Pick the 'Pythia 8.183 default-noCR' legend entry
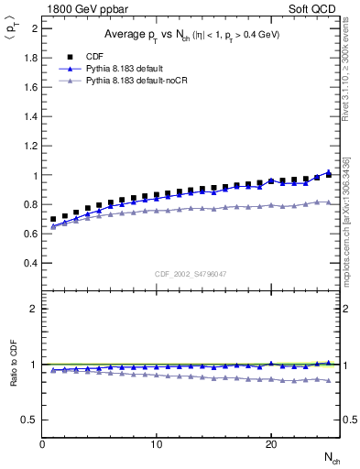tap(143, 82)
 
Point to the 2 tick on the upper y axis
tap(35, 28)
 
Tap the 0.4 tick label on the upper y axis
tap(30, 263)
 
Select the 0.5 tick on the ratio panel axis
tap(30, 420)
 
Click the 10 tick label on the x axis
tap(157, 444)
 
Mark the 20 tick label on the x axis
tap(270, 444)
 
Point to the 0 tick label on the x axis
tap(43, 444)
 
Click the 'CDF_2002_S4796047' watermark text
tap(191, 274)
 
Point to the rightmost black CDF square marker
tap(329, 174)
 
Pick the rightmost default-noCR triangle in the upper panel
tap(329, 202)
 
